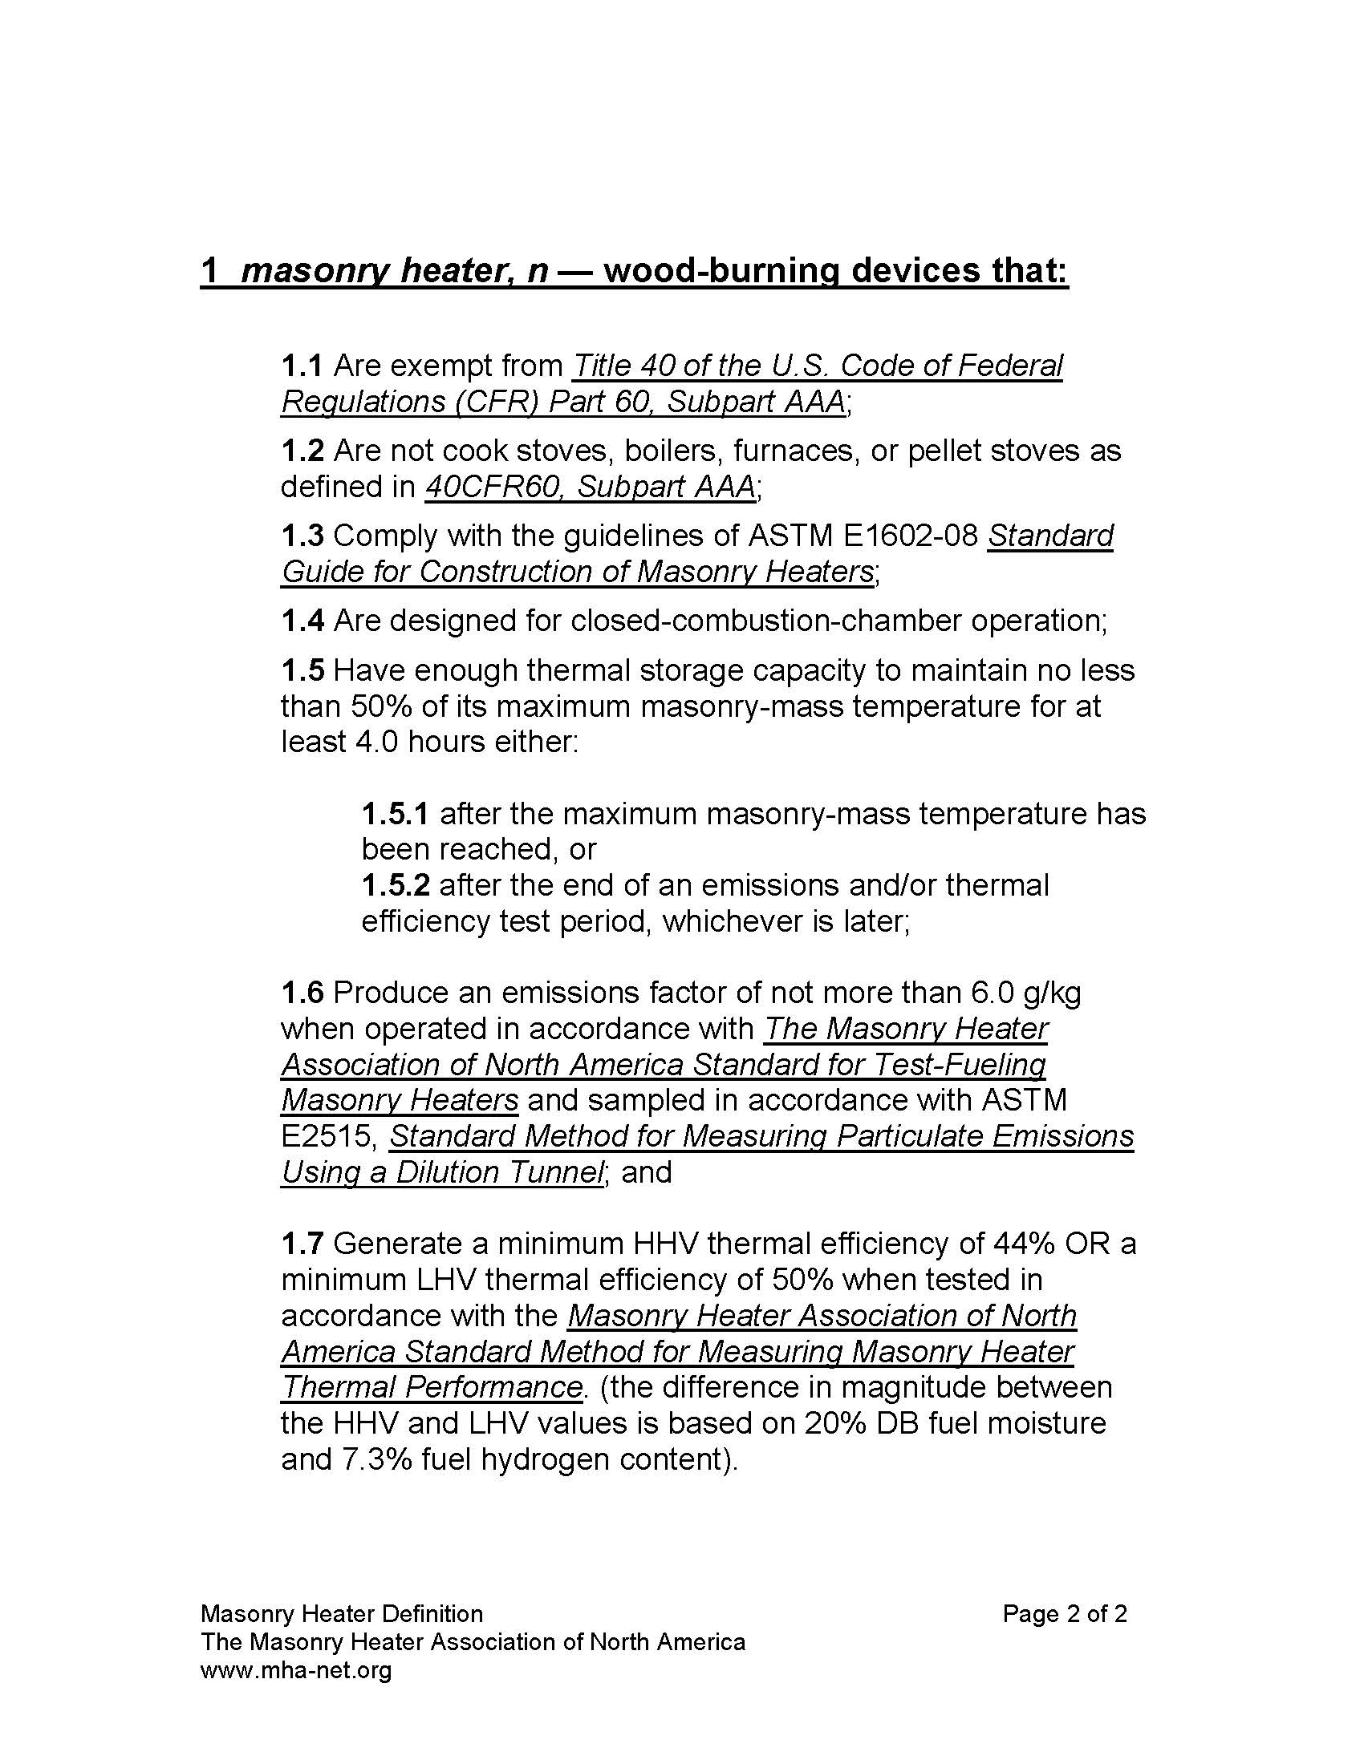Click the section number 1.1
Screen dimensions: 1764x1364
pyautogui.click(x=302, y=366)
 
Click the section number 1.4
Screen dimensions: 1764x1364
pyautogui.click(x=302, y=621)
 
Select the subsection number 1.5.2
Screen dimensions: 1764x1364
pyautogui.click(x=395, y=885)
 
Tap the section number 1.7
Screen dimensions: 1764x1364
pyautogui.click(x=302, y=1243)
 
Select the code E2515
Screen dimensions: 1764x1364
pyautogui.click(x=327, y=1136)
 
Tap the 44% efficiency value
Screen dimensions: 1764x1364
pyautogui.click(x=1021, y=1243)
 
